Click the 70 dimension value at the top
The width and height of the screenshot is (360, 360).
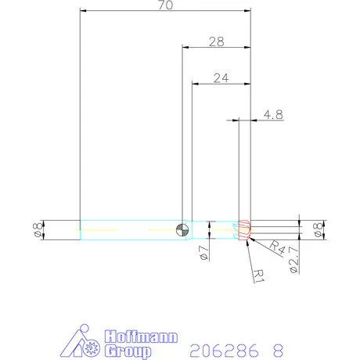tap(165, 6)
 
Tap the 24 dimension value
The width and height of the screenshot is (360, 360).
tap(220, 78)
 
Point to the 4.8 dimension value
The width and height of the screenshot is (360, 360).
tap(273, 114)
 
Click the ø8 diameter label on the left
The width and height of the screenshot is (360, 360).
tap(37, 229)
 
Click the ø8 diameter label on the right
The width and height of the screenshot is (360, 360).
tap(317, 229)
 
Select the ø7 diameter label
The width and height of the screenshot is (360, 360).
tap(202, 252)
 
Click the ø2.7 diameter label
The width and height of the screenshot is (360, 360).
tap(293, 258)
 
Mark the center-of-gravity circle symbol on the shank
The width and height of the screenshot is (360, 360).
tap(182, 229)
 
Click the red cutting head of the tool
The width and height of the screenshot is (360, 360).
tap(244, 229)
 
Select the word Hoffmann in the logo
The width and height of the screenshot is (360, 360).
tap(141, 337)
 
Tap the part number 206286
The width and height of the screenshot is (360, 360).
tap(223, 349)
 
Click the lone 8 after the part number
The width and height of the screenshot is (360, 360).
tap(277, 349)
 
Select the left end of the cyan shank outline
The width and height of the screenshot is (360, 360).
tap(81, 229)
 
